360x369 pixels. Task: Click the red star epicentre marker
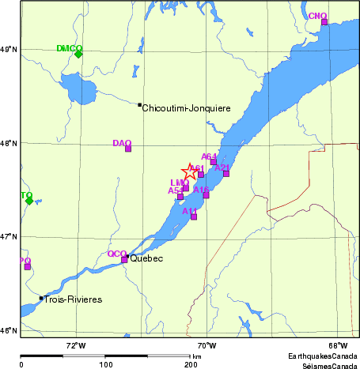(191, 171)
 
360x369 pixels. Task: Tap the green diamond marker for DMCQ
(78, 54)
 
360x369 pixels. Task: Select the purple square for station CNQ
(324, 22)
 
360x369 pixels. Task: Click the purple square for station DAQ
(128, 149)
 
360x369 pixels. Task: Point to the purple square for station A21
(226, 173)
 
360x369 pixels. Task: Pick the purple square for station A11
(194, 217)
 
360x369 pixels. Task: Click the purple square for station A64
(214, 161)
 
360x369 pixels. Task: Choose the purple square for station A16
(207, 194)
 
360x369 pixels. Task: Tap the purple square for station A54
(180, 196)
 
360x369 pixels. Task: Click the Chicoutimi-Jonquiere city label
(186, 107)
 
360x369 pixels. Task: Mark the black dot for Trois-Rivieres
(41, 298)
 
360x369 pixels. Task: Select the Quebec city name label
(146, 258)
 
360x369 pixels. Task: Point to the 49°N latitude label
(9, 49)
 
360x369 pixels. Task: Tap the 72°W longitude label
(75, 345)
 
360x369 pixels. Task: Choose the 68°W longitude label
(338, 345)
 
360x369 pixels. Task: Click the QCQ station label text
(116, 254)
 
